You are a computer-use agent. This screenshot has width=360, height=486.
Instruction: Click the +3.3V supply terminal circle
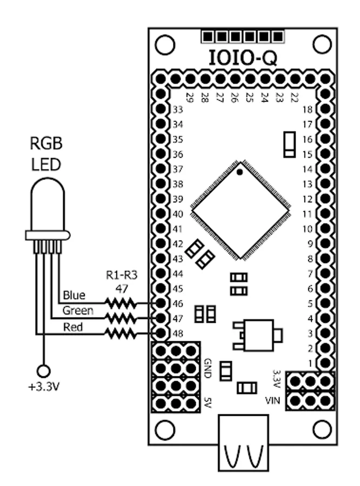tap(44, 370)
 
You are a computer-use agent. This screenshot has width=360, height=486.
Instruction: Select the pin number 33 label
tap(178, 109)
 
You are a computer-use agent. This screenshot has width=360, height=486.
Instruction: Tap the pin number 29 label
tap(190, 98)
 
